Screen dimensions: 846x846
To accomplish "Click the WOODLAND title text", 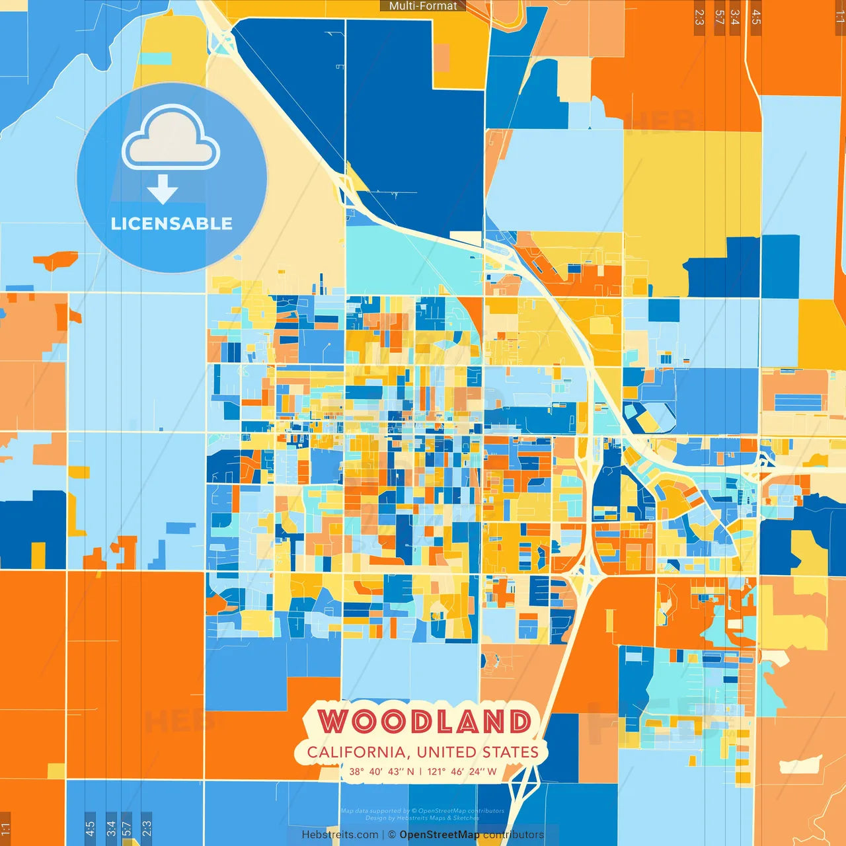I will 424,721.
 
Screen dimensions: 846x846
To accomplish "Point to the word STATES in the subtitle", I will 510,752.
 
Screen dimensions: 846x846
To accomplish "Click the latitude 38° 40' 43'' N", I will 381,771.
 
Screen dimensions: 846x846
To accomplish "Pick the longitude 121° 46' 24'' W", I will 462,771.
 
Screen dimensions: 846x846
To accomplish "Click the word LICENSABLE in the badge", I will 172,223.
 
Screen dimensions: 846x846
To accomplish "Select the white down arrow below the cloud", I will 163,190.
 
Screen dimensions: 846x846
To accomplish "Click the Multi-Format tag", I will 423,6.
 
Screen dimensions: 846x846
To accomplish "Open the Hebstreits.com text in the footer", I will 340,835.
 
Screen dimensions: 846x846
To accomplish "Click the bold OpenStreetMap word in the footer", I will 440,835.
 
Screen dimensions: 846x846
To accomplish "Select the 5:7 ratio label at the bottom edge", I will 126,827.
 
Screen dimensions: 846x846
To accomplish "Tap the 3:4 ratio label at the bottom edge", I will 111,827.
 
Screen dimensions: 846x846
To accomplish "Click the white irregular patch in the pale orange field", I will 800,765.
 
